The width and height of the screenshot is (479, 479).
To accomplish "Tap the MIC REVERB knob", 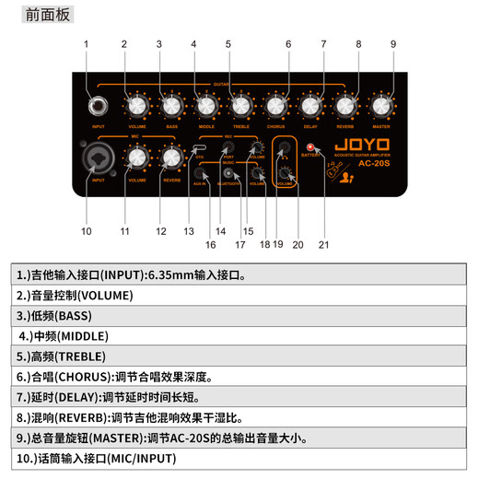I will coord(171,158).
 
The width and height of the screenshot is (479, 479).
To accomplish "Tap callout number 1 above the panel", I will coord(86,43).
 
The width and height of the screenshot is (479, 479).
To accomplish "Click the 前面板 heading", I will coord(44,14).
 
